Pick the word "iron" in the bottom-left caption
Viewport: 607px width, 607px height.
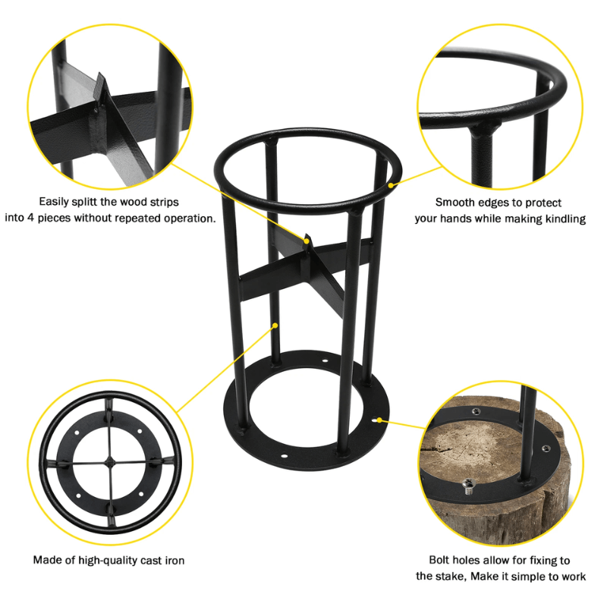point(172,561)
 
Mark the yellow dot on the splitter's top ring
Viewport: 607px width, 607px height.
point(392,184)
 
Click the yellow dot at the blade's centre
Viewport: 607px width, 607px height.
point(307,242)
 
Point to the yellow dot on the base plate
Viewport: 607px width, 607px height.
point(376,417)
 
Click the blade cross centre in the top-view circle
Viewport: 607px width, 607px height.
point(110,463)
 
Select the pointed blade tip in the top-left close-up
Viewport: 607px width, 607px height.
point(99,79)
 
